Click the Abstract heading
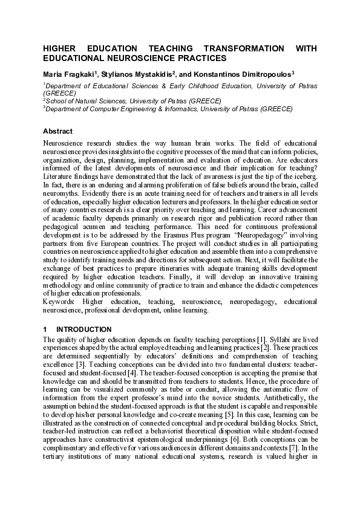(x=57, y=131)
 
